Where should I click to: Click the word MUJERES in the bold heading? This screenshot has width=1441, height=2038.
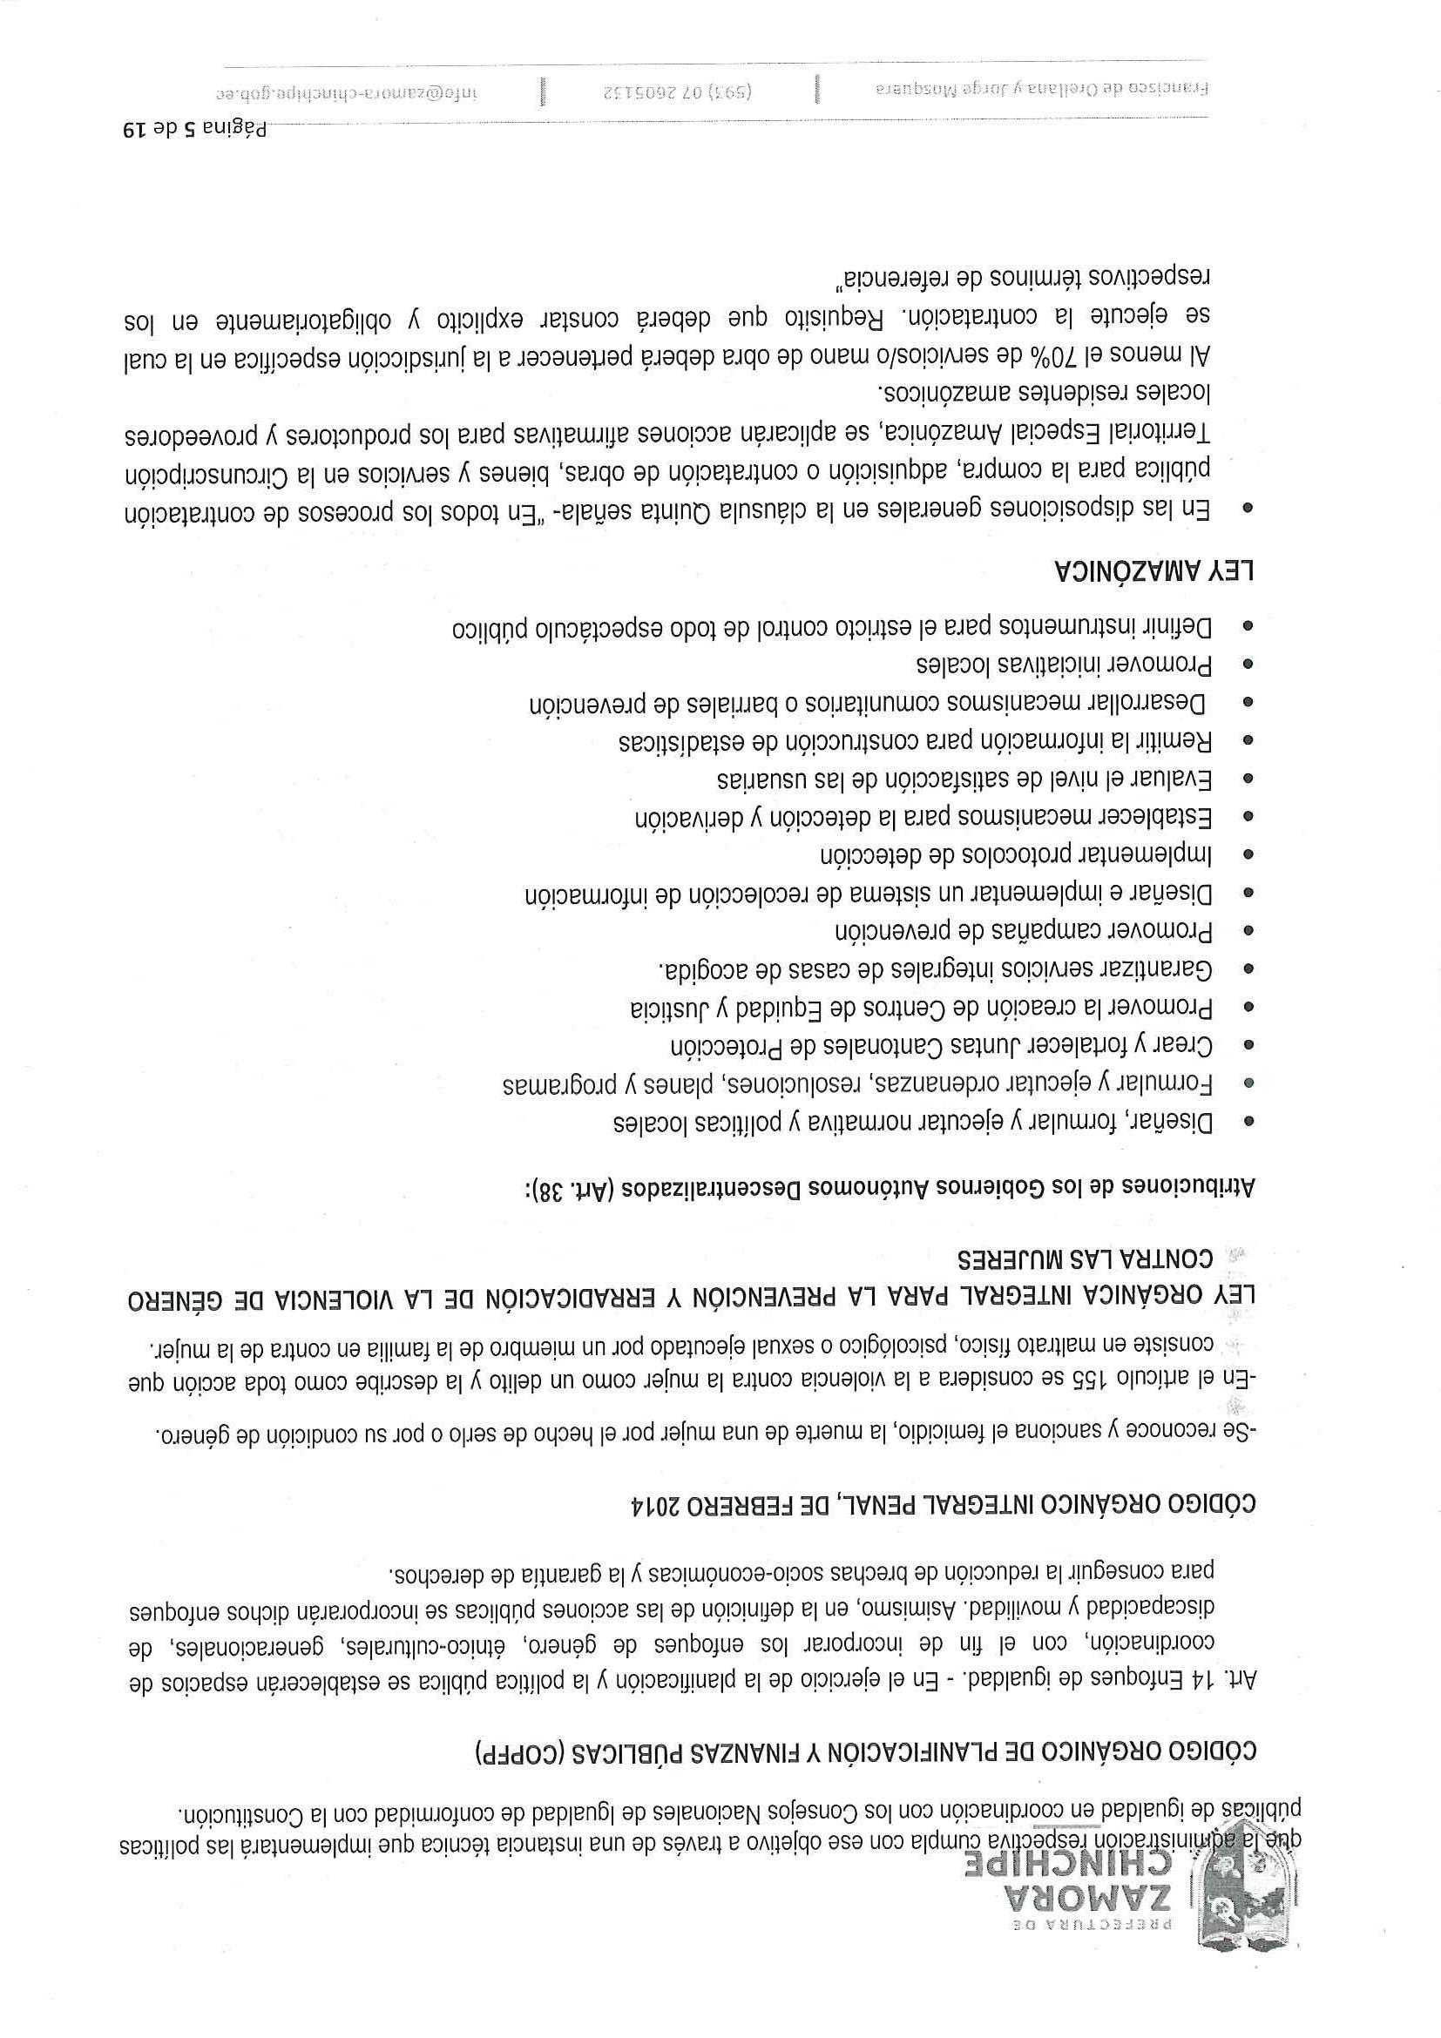pos(1021,1259)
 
